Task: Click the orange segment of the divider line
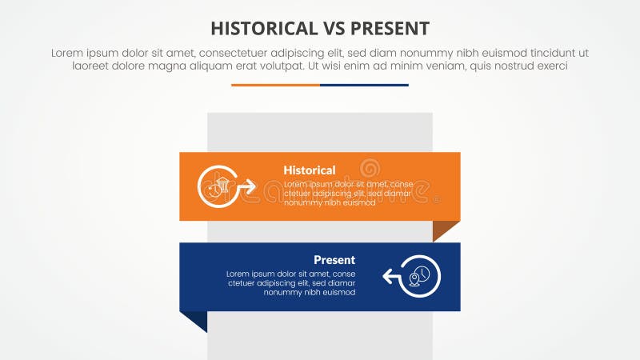(275, 85)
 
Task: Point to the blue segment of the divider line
(364, 85)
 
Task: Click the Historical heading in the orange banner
(309, 170)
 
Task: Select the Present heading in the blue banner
(334, 260)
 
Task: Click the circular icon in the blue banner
(420, 277)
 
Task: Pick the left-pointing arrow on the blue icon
(391, 277)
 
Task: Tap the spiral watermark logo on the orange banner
(370, 169)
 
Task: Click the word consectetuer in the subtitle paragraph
(238, 53)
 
